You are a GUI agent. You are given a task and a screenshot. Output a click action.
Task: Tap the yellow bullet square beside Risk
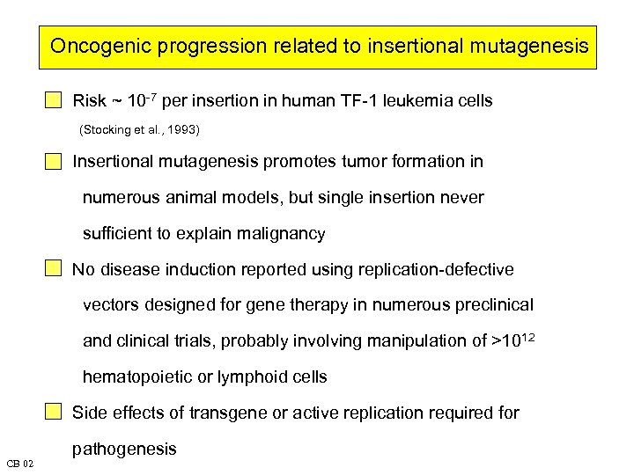(55, 101)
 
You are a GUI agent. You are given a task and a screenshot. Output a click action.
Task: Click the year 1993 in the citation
(182, 130)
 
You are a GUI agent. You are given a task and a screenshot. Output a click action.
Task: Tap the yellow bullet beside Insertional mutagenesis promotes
(55, 162)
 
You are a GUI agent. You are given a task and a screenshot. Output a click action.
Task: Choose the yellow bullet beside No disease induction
(55, 269)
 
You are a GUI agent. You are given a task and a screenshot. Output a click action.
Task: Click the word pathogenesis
(124, 449)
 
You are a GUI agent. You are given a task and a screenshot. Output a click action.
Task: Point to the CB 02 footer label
(19, 463)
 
